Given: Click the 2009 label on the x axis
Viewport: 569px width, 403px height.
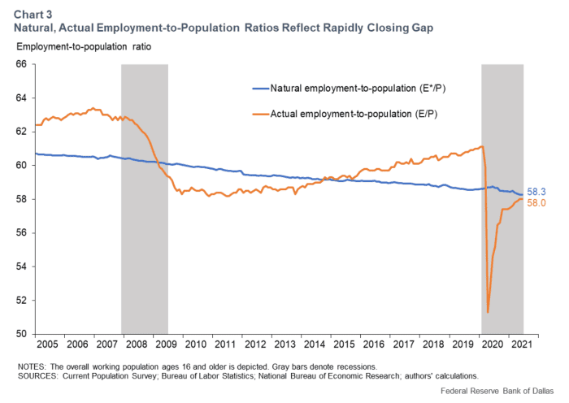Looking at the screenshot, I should [x=167, y=344].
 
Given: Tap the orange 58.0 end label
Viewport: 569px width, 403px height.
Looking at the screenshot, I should [x=536, y=203].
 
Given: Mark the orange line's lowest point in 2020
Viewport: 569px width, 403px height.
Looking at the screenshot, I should [x=487, y=312].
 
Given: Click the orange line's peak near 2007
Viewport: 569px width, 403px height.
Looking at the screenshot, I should [x=93, y=107].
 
